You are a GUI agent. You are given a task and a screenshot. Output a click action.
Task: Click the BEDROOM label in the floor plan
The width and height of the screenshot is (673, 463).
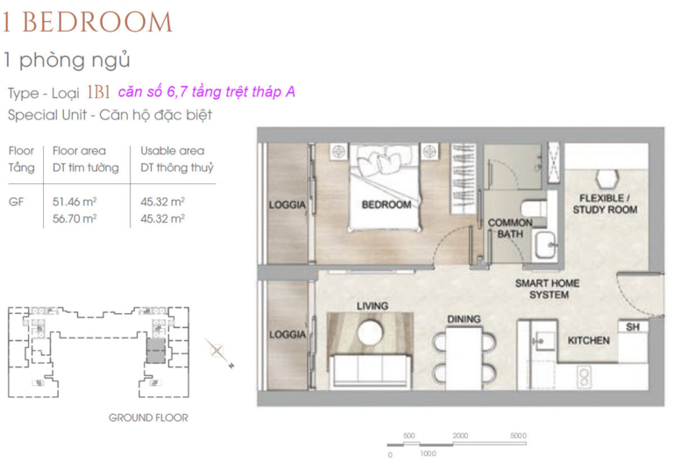[x=386, y=205]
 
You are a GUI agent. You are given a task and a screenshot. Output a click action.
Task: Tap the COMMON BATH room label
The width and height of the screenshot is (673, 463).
[x=510, y=229]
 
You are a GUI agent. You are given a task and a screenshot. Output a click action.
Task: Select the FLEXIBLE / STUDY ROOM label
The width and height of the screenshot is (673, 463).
[x=605, y=204]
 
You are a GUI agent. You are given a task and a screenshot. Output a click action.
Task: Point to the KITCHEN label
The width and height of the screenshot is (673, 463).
[x=589, y=340]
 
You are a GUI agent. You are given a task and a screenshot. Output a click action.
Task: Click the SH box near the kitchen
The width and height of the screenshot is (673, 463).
[x=633, y=327]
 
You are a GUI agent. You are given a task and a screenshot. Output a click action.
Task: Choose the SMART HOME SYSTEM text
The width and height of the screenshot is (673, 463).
[x=548, y=289]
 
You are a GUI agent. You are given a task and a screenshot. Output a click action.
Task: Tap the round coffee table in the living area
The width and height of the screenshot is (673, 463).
[x=370, y=332]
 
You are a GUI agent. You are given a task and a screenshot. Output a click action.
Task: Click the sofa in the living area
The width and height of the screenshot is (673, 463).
[x=370, y=371]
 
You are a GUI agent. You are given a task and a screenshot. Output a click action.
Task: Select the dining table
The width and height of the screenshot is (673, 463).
[x=464, y=358]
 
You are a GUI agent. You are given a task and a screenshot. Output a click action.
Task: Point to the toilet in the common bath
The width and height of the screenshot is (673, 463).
[x=534, y=210]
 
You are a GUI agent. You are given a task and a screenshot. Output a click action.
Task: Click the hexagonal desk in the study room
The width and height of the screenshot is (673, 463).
[x=606, y=179]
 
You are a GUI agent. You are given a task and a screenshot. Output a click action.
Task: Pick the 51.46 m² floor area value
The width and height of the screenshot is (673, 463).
[x=74, y=202]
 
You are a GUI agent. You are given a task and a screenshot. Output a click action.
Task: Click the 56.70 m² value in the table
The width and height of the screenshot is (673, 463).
[x=74, y=218]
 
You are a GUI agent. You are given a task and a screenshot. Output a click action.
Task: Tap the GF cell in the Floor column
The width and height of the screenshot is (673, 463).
[x=17, y=202]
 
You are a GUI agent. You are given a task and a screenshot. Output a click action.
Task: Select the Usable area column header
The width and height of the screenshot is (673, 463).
[x=173, y=151]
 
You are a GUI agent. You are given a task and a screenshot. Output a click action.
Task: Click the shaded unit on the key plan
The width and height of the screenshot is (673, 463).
[x=156, y=351]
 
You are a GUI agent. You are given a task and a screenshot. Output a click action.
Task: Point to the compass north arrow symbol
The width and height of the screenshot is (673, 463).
[x=218, y=353]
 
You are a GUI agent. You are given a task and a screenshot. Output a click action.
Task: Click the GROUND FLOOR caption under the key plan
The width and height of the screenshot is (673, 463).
[x=148, y=417]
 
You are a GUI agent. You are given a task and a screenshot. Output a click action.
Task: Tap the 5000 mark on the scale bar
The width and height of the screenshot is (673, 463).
[x=518, y=436]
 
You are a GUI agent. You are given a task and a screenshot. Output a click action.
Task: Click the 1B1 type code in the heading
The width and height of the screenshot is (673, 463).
[x=98, y=92]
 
